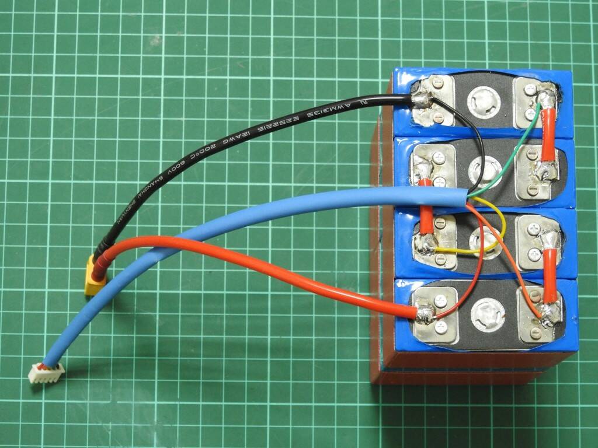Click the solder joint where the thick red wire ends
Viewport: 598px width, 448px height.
pyautogui.click(x=425, y=315)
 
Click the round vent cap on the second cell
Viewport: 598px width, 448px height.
pyautogui.click(x=484, y=170)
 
